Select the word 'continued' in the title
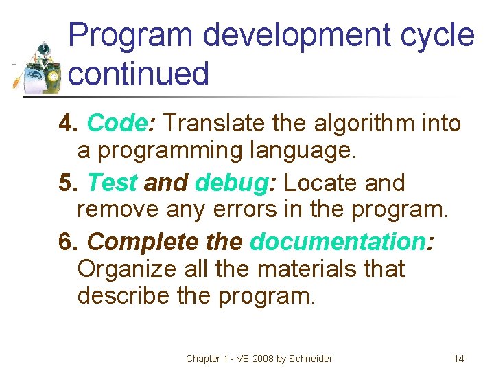coord(139,74)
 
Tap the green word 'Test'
coord(113,183)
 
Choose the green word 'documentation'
coord(338,242)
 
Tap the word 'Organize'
coord(128,268)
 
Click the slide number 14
coord(459,359)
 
